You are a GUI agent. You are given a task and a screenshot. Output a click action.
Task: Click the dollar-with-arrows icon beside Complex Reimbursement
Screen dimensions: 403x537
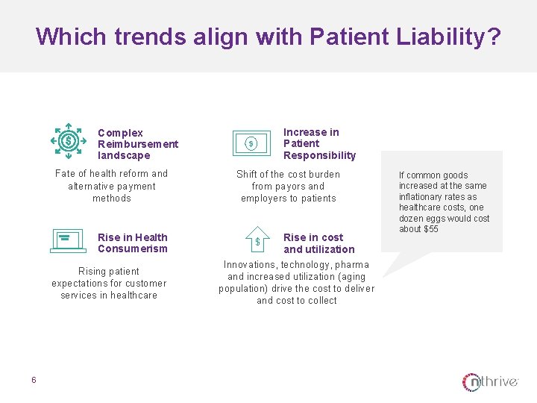coord(69,141)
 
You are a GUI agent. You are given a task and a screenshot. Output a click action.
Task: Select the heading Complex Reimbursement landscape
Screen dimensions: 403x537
coord(138,144)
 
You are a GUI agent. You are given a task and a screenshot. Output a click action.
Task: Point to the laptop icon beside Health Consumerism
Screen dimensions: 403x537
coord(68,240)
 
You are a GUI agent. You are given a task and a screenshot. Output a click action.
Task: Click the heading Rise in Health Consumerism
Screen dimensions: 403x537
coord(133,243)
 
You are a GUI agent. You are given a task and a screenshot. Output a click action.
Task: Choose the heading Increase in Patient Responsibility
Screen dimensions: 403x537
coord(319,144)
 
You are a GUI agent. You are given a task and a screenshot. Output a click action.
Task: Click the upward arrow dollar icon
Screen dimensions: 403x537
coord(257,240)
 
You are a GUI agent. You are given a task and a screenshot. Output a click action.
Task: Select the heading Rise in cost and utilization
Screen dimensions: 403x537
coord(318,243)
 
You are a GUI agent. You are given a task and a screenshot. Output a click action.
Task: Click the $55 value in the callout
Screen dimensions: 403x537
coord(430,229)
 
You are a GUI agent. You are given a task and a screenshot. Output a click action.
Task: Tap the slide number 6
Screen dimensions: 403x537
coord(34,380)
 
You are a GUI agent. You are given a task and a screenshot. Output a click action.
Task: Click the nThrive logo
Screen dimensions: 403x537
coord(490,382)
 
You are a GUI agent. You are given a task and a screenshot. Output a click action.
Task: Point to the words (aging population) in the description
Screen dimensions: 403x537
coord(296,283)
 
